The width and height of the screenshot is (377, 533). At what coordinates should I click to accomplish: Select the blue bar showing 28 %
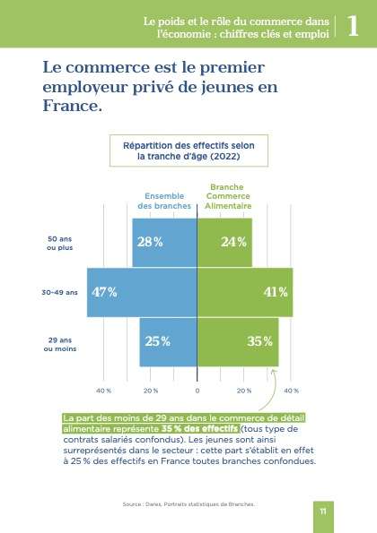click(164, 242)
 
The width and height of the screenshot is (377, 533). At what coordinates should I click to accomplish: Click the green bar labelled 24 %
click(224, 242)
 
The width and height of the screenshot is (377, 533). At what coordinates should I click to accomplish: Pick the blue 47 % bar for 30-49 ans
click(141, 292)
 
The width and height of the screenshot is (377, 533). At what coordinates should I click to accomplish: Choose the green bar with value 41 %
click(244, 292)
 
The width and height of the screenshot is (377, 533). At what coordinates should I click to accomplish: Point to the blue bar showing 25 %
click(168, 341)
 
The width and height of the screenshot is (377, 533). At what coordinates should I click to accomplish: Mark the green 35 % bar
click(237, 341)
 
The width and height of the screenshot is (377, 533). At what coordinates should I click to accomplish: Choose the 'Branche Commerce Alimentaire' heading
click(226, 196)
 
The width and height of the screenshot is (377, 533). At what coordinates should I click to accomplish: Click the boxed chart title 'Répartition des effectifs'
click(188, 150)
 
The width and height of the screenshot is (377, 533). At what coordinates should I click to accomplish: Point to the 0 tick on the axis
click(197, 391)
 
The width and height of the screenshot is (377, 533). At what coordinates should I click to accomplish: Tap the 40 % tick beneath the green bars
click(290, 391)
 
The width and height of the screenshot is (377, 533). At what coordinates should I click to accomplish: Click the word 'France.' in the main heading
click(73, 105)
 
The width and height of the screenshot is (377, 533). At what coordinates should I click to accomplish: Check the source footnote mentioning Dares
click(188, 504)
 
